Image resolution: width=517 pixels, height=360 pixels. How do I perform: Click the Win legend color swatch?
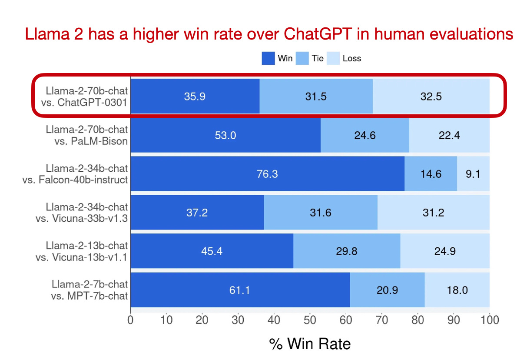[268, 58]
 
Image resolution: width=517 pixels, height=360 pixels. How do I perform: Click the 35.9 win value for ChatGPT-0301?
[195, 97]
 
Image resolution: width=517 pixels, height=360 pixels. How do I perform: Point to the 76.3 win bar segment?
[267, 174]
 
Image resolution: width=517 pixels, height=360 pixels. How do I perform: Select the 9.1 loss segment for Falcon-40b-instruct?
[473, 174]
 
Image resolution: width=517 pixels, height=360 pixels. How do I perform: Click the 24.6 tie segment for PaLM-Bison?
[365, 135]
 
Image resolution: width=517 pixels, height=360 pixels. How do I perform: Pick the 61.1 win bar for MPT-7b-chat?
[240, 290]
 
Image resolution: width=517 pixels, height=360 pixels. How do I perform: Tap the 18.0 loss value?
[457, 290]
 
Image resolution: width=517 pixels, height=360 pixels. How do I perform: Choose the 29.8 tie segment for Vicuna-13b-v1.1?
[347, 251]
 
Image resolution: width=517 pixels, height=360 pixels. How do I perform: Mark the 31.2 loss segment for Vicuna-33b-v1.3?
[433, 213]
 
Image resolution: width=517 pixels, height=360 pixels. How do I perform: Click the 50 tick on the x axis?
[310, 320]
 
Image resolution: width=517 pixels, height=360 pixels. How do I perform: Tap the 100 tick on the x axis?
[489, 320]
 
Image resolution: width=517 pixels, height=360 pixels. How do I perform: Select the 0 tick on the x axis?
[130, 320]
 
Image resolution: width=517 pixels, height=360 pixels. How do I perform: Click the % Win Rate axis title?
[310, 344]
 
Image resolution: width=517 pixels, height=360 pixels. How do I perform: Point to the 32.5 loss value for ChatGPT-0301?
[431, 97]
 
